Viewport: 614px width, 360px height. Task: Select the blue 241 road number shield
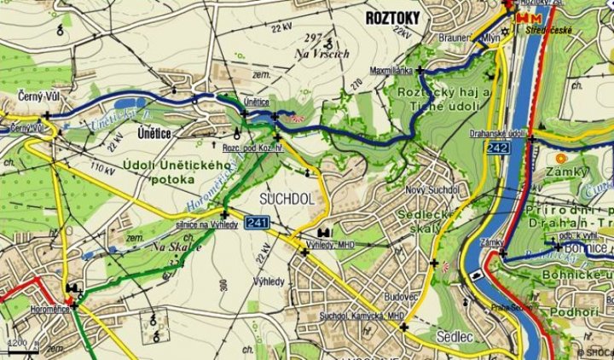click(x=257, y=224)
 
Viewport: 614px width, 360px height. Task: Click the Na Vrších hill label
click(x=322, y=54)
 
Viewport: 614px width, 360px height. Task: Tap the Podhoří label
click(x=581, y=313)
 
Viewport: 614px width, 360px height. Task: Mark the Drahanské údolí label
click(x=497, y=134)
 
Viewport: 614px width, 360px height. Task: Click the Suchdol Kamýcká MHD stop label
click(x=361, y=316)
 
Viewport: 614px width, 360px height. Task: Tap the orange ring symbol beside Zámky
click(x=560, y=158)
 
